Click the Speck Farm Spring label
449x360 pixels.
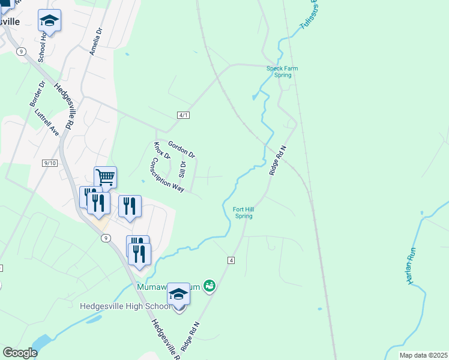coord(282,72)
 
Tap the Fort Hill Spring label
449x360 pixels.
coord(243,212)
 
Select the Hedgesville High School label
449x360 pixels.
coord(127,307)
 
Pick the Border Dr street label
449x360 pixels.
coord(37,95)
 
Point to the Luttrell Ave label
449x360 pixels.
coord(47,122)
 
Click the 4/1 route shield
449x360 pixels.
coord(184,115)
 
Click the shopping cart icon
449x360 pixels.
coord(105,177)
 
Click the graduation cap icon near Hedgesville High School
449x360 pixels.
coord(178,294)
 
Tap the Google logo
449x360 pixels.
coord(20,353)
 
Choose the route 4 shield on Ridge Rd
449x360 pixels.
coord(231,260)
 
